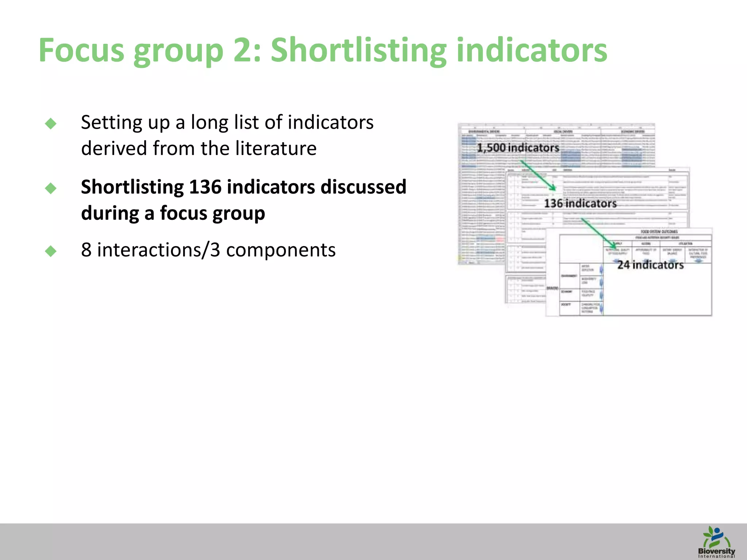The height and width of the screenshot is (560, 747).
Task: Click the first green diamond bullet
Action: coord(51,124)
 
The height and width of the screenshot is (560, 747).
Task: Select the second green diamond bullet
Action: coord(51,188)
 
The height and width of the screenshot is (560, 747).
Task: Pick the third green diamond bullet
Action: coord(51,251)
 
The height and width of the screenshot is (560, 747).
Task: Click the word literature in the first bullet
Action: coord(276,148)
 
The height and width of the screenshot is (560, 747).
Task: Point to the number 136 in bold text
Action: coord(205,187)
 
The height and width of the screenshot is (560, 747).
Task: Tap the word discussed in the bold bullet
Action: coord(363,187)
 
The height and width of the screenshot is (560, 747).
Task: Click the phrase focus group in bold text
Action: coord(212,213)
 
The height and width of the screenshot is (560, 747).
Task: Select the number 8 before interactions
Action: coord(86,250)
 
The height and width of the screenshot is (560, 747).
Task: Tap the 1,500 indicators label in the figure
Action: coord(518,148)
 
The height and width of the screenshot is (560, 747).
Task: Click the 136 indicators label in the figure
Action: coord(580,203)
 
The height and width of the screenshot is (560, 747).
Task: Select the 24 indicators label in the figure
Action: coord(650,265)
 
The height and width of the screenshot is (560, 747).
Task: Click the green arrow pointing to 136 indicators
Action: coord(538,175)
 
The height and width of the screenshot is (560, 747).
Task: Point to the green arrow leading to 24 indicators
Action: coord(599,234)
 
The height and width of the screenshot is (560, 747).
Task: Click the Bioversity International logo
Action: coord(716,542)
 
